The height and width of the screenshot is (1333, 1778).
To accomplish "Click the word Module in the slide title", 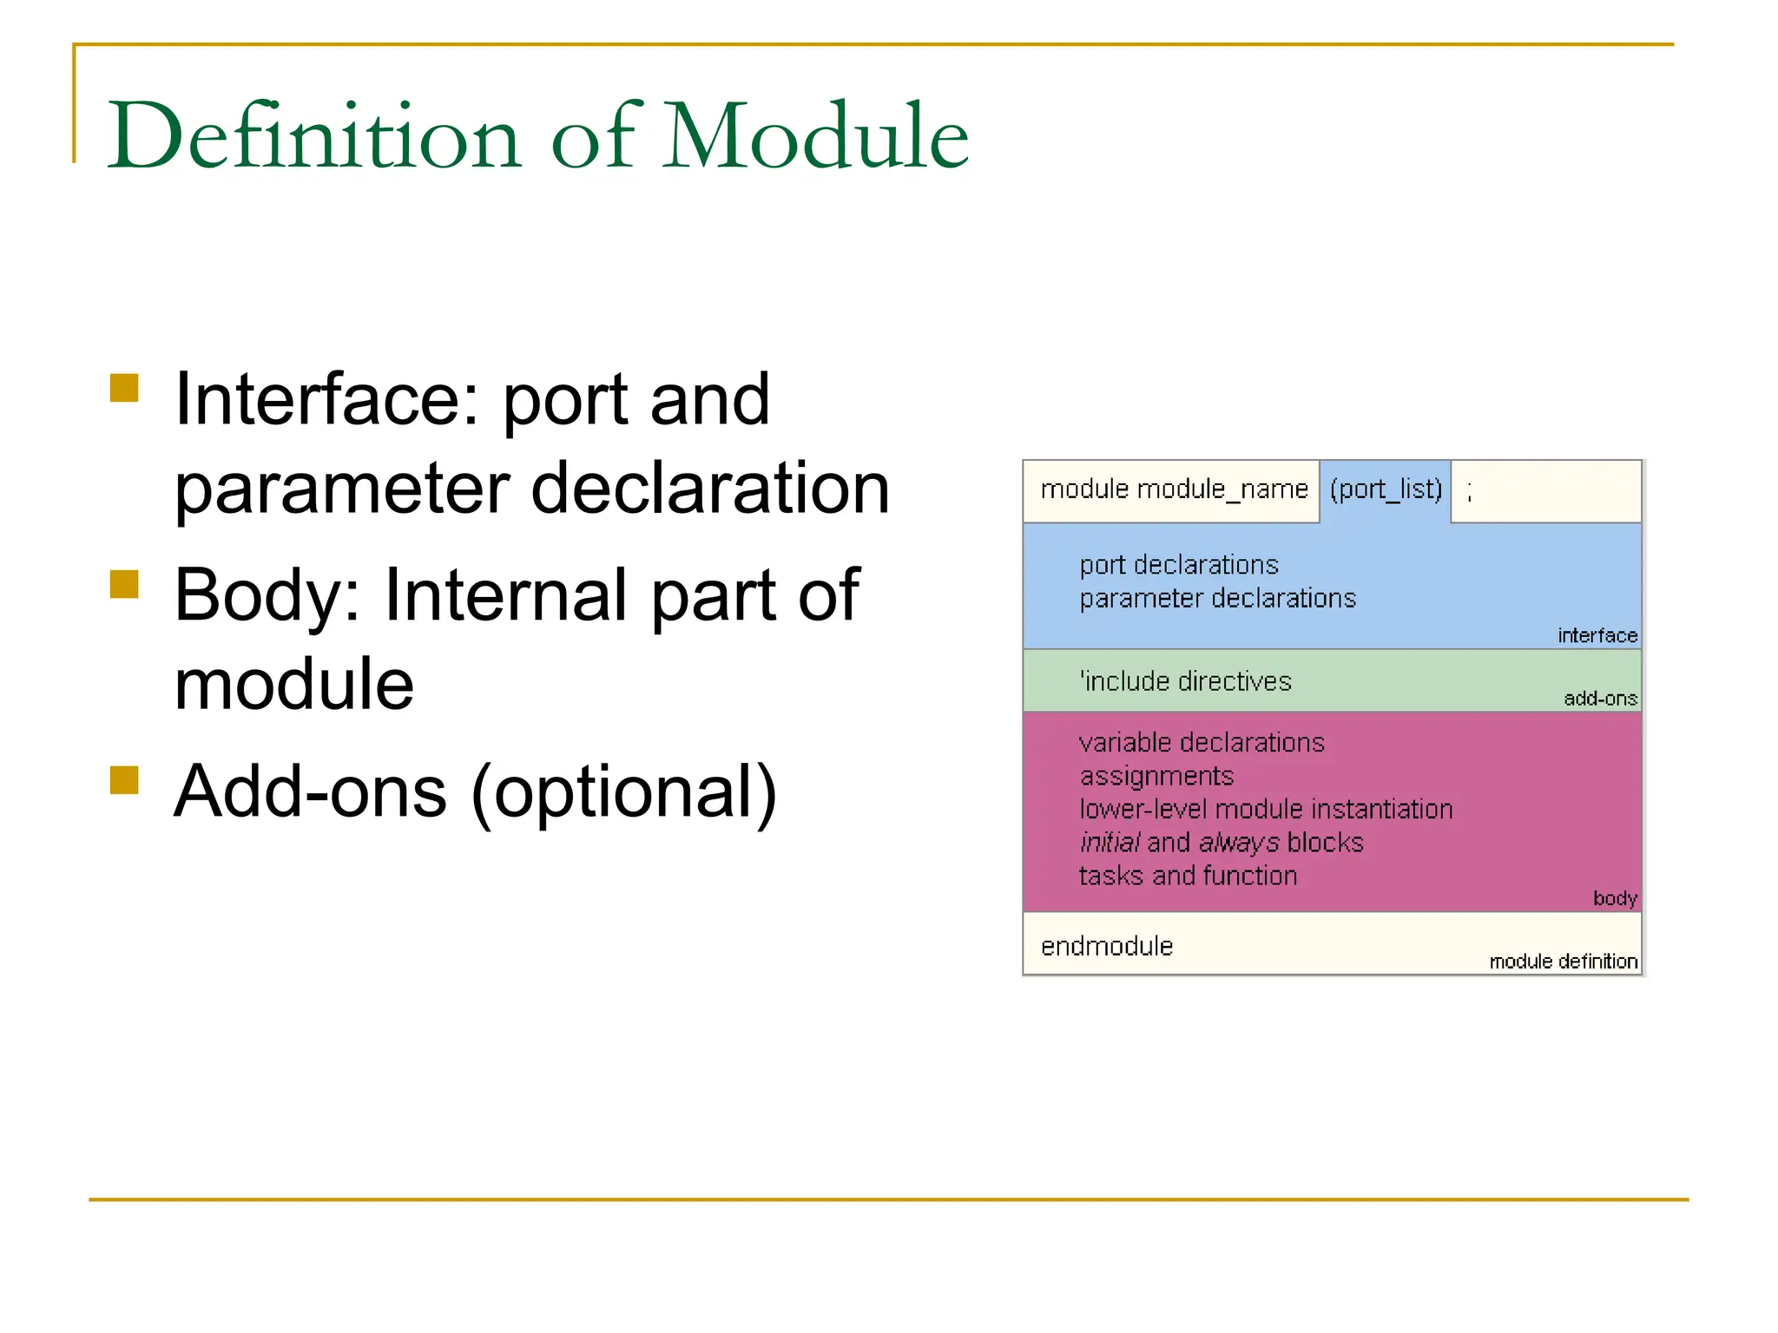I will (815, 136).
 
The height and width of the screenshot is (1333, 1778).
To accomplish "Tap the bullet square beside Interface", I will (125, 388).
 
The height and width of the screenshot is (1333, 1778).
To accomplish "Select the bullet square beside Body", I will (125, 584).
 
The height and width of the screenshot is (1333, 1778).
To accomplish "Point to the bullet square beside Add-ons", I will (125, 780).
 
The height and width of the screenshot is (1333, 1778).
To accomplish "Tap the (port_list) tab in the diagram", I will (1386, 489).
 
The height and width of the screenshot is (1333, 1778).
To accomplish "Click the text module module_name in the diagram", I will (1174, 489).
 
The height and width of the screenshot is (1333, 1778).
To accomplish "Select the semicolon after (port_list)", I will (1469, 493).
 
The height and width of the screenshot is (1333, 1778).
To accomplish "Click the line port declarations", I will (1179, 565).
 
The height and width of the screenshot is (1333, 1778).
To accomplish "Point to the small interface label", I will (1597, 635).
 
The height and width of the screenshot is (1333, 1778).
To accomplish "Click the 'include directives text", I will (1186, 681).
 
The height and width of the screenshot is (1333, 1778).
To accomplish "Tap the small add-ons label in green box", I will (1600, 699).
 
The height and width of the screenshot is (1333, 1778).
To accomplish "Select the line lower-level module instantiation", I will (1266, 809).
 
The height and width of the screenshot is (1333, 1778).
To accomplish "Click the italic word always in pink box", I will (1238, 843).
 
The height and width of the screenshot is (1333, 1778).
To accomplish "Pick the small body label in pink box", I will (1615, 898).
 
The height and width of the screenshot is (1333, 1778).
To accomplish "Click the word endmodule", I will (1107, 946).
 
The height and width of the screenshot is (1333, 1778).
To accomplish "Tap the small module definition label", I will (1563, 962).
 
